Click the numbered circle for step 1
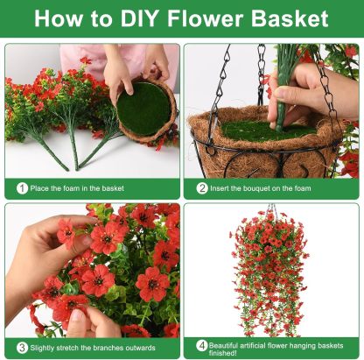21,187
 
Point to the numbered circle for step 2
202,187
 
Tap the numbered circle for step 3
21,347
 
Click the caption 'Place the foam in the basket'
77,187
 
